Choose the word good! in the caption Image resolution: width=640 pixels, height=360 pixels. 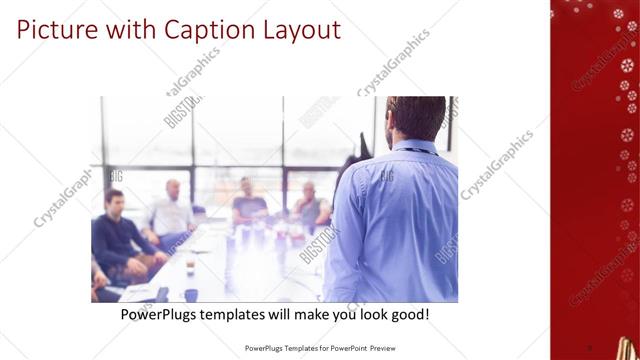click(x=409, y=314)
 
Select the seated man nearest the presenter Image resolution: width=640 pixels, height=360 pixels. click(x=310, y=205)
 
